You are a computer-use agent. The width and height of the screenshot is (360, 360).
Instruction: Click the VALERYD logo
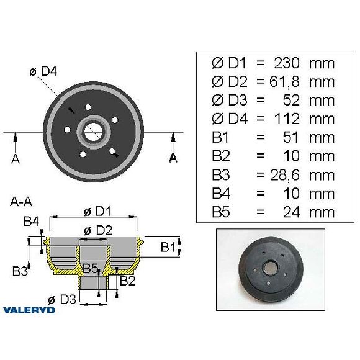[29, 310]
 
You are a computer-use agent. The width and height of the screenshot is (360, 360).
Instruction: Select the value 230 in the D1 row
[287, 63]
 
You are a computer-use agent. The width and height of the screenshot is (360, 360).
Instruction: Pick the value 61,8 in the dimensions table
[284, 82]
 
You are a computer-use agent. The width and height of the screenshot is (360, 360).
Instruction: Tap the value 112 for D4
[287, 119]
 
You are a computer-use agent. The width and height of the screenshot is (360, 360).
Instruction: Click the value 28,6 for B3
[285, 175]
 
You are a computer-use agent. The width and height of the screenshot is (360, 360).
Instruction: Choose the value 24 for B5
[292, 212]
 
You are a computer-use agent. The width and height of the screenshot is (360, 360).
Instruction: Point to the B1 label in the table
[220, 138]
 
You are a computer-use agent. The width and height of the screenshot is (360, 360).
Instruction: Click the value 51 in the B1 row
[291, 138]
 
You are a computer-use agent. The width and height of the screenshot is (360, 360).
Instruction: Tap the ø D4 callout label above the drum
[43, 71]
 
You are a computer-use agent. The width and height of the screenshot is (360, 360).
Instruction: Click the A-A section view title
[21, 202]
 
